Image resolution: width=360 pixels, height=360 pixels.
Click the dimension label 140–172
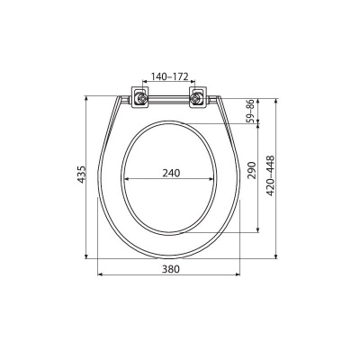click(169, 76)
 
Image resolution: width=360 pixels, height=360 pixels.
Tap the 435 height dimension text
click(82, 175)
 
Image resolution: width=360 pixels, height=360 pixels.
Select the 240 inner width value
click(171, 173)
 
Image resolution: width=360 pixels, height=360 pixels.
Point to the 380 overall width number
click(171, 269)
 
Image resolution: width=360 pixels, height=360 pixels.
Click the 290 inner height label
click(252, 170)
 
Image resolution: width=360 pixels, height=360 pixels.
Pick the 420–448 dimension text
click(271, 175)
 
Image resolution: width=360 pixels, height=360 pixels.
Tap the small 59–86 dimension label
click(250, 111)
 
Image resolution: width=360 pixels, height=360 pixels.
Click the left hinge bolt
click(140, 98)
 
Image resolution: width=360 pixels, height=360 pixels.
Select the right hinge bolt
click(196, 98)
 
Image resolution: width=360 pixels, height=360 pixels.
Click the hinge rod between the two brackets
click(168, 99)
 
